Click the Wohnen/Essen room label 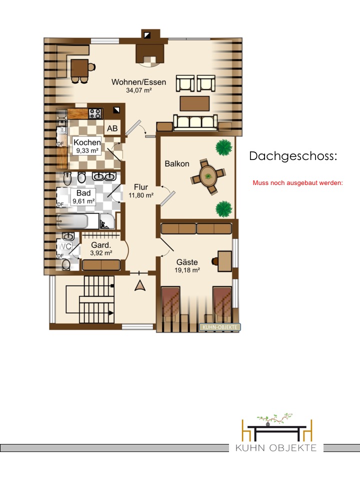138,82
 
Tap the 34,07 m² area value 139,90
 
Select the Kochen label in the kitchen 87,142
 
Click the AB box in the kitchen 112,128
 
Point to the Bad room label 83,193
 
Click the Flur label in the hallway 141,187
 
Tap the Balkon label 177,164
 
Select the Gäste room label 187,262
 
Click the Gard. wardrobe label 101,245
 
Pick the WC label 65,246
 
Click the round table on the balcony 208,176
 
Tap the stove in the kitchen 95,113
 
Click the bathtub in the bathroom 72,221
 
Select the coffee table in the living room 194,103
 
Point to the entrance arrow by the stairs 140,285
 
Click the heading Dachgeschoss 293,156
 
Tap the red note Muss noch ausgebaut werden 297,183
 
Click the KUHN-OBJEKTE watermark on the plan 220,327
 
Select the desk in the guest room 224,261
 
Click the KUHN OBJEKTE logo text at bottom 276,448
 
